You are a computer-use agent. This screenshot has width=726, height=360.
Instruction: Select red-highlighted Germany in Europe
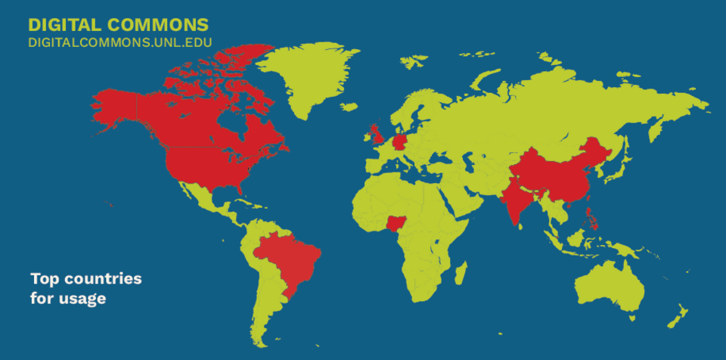[401, 141]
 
